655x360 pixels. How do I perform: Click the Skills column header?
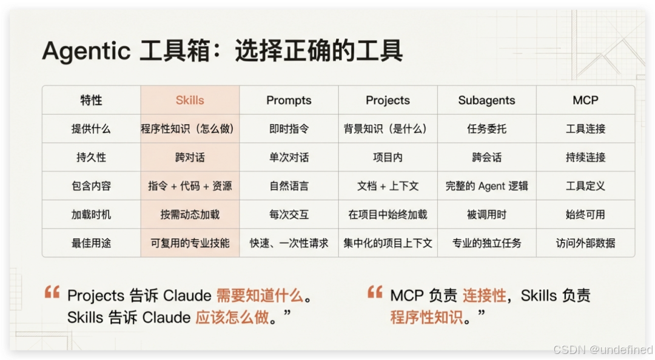click(x=190, y=101)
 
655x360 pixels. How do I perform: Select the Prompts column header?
click(x=289, y=101)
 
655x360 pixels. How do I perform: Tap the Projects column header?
click(x=388, y=101)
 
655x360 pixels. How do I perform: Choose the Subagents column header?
click(x=486, y=101)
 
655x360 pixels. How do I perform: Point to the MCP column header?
click(x=585, y=101)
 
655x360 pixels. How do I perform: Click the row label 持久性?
click(x=91, y=158)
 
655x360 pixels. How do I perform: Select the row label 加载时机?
click(x=91, y=215)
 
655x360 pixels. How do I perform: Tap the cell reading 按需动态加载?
click(x=190, y=215)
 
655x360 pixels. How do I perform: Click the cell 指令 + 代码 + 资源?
click(x=190, y=186)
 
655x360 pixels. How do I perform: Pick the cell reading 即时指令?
click(x=289, y=129)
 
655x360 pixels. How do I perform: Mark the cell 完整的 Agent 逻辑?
click(x=486, y=186)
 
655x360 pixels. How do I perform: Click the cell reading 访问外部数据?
click(x=585, y=243)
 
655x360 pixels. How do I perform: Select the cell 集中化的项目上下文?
click(x=388, y=243)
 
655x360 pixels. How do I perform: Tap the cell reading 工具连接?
click(x=585, y=129)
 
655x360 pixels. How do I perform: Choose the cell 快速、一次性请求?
click(x=289, y=243)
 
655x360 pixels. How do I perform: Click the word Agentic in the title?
click(x=86, y=52)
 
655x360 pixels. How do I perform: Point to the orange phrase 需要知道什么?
click(x=259, y=296)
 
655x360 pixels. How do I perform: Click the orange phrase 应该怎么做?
click(x=232, y=318)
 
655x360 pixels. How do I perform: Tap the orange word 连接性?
click(x=484, y=296)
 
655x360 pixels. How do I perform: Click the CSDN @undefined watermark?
click(x=603, y=350)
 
